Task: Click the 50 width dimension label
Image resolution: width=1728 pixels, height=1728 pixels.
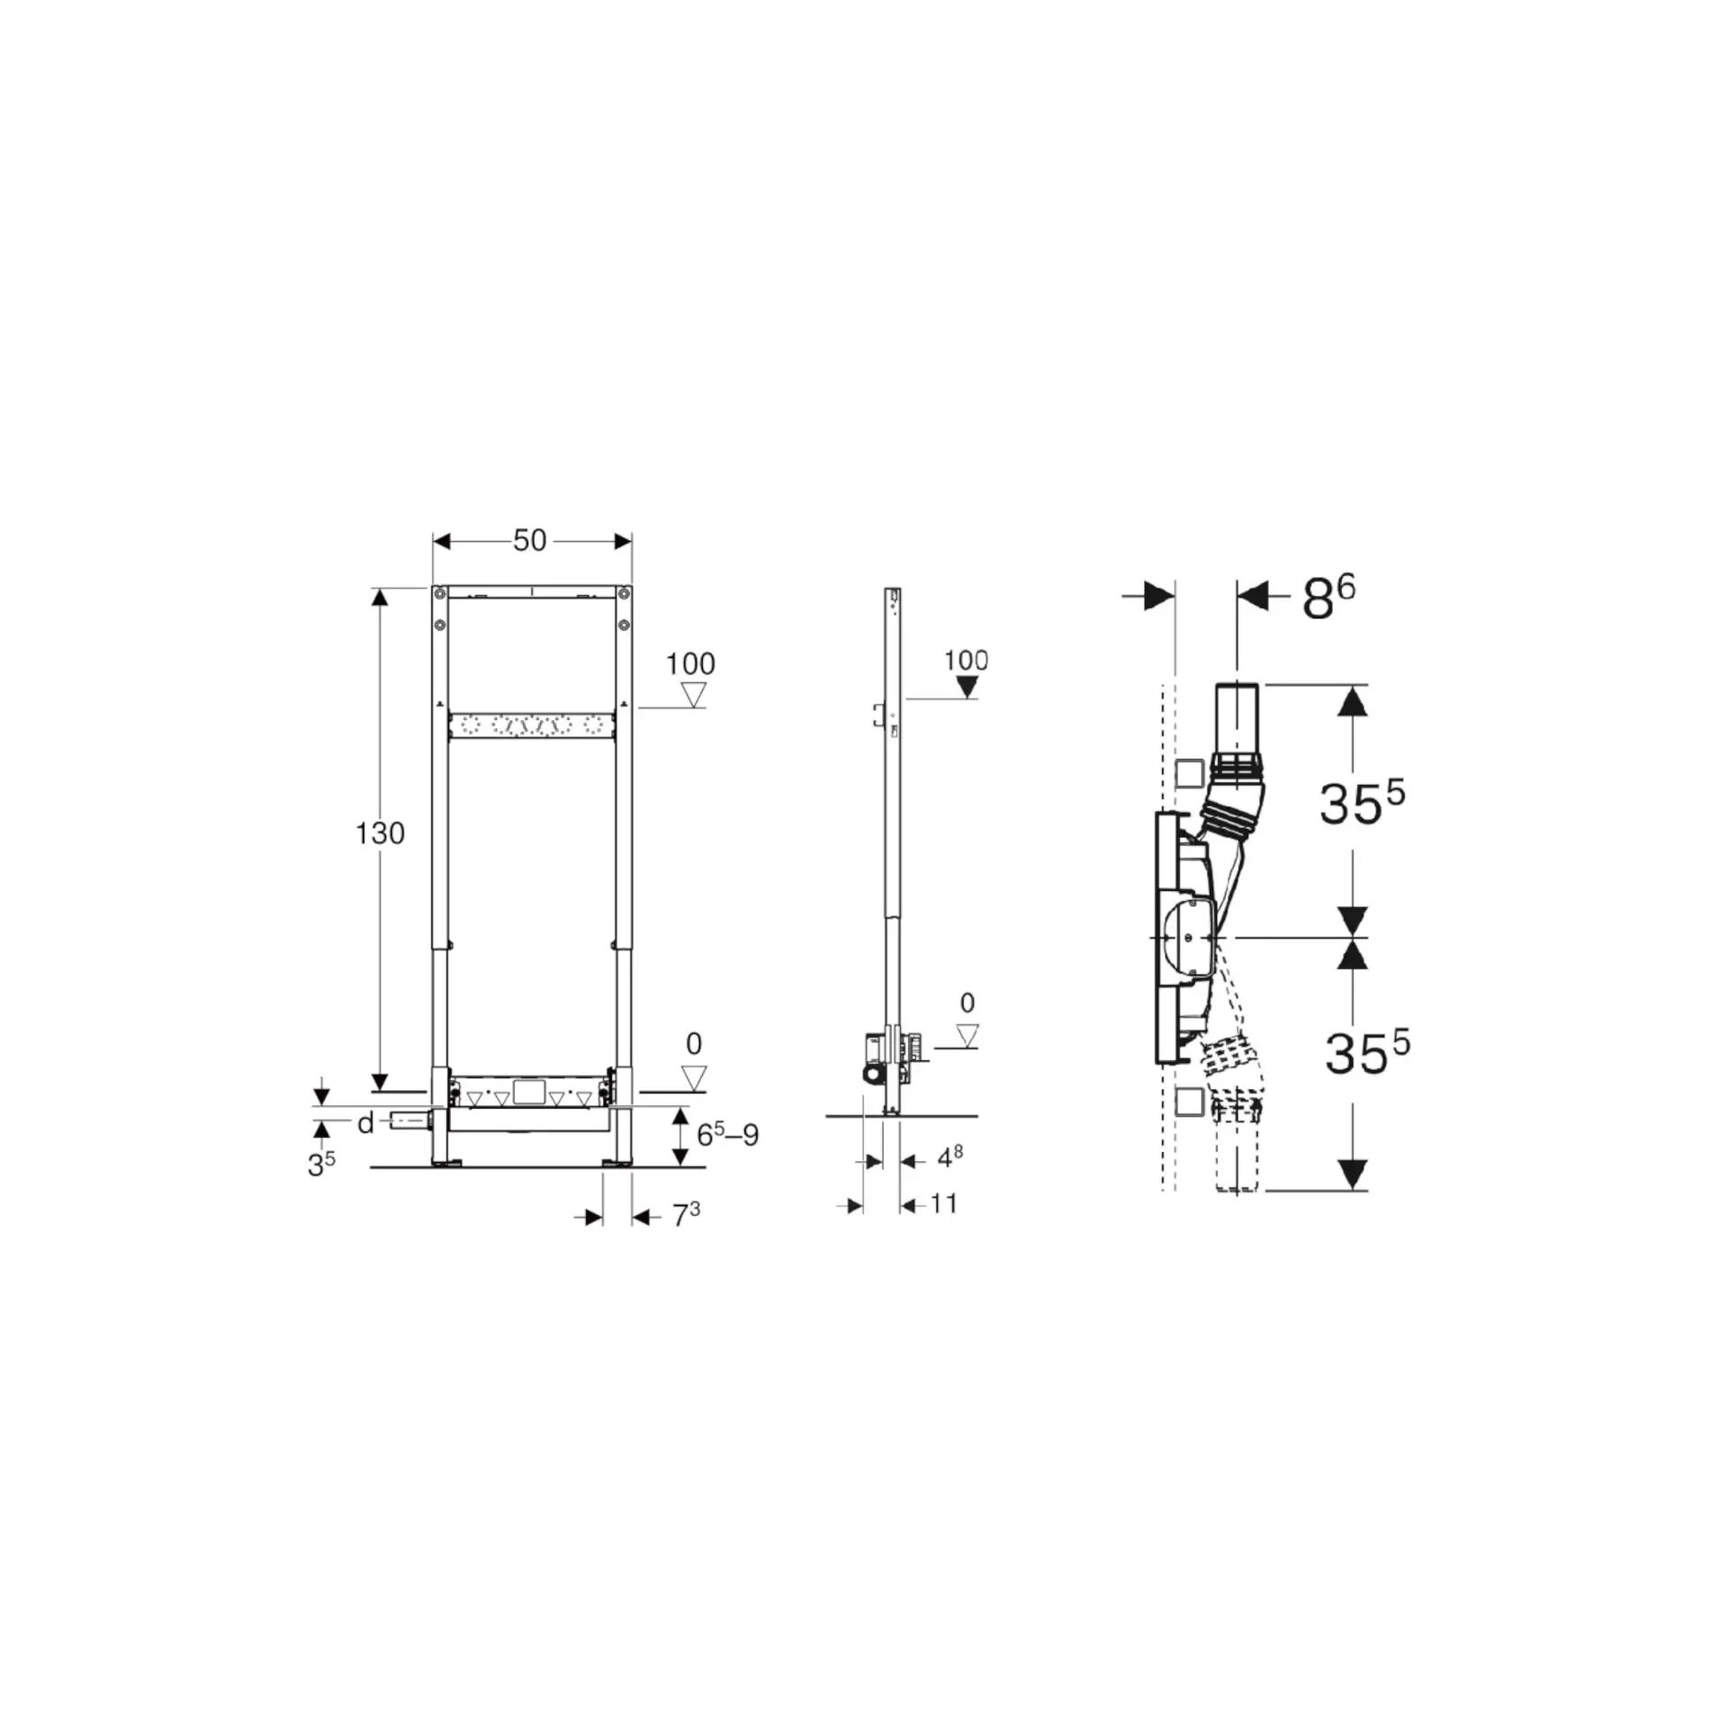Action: point(529,540)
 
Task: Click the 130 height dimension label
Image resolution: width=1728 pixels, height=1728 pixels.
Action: point(380,833)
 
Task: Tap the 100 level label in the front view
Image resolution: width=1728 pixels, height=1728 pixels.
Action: point(690,664)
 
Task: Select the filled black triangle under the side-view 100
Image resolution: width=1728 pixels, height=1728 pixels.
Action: point(967,688)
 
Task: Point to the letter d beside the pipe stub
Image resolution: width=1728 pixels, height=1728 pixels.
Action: point(365,1122)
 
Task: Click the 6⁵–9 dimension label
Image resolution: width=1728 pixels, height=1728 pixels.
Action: point(727,1134)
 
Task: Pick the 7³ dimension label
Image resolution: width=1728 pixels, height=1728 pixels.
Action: point(686,1215)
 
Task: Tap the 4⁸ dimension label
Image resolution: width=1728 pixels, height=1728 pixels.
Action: point(949,1157)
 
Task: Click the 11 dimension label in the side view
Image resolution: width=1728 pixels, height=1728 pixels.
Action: point(943,1203)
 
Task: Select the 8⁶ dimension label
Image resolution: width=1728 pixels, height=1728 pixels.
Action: point(1328,598)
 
